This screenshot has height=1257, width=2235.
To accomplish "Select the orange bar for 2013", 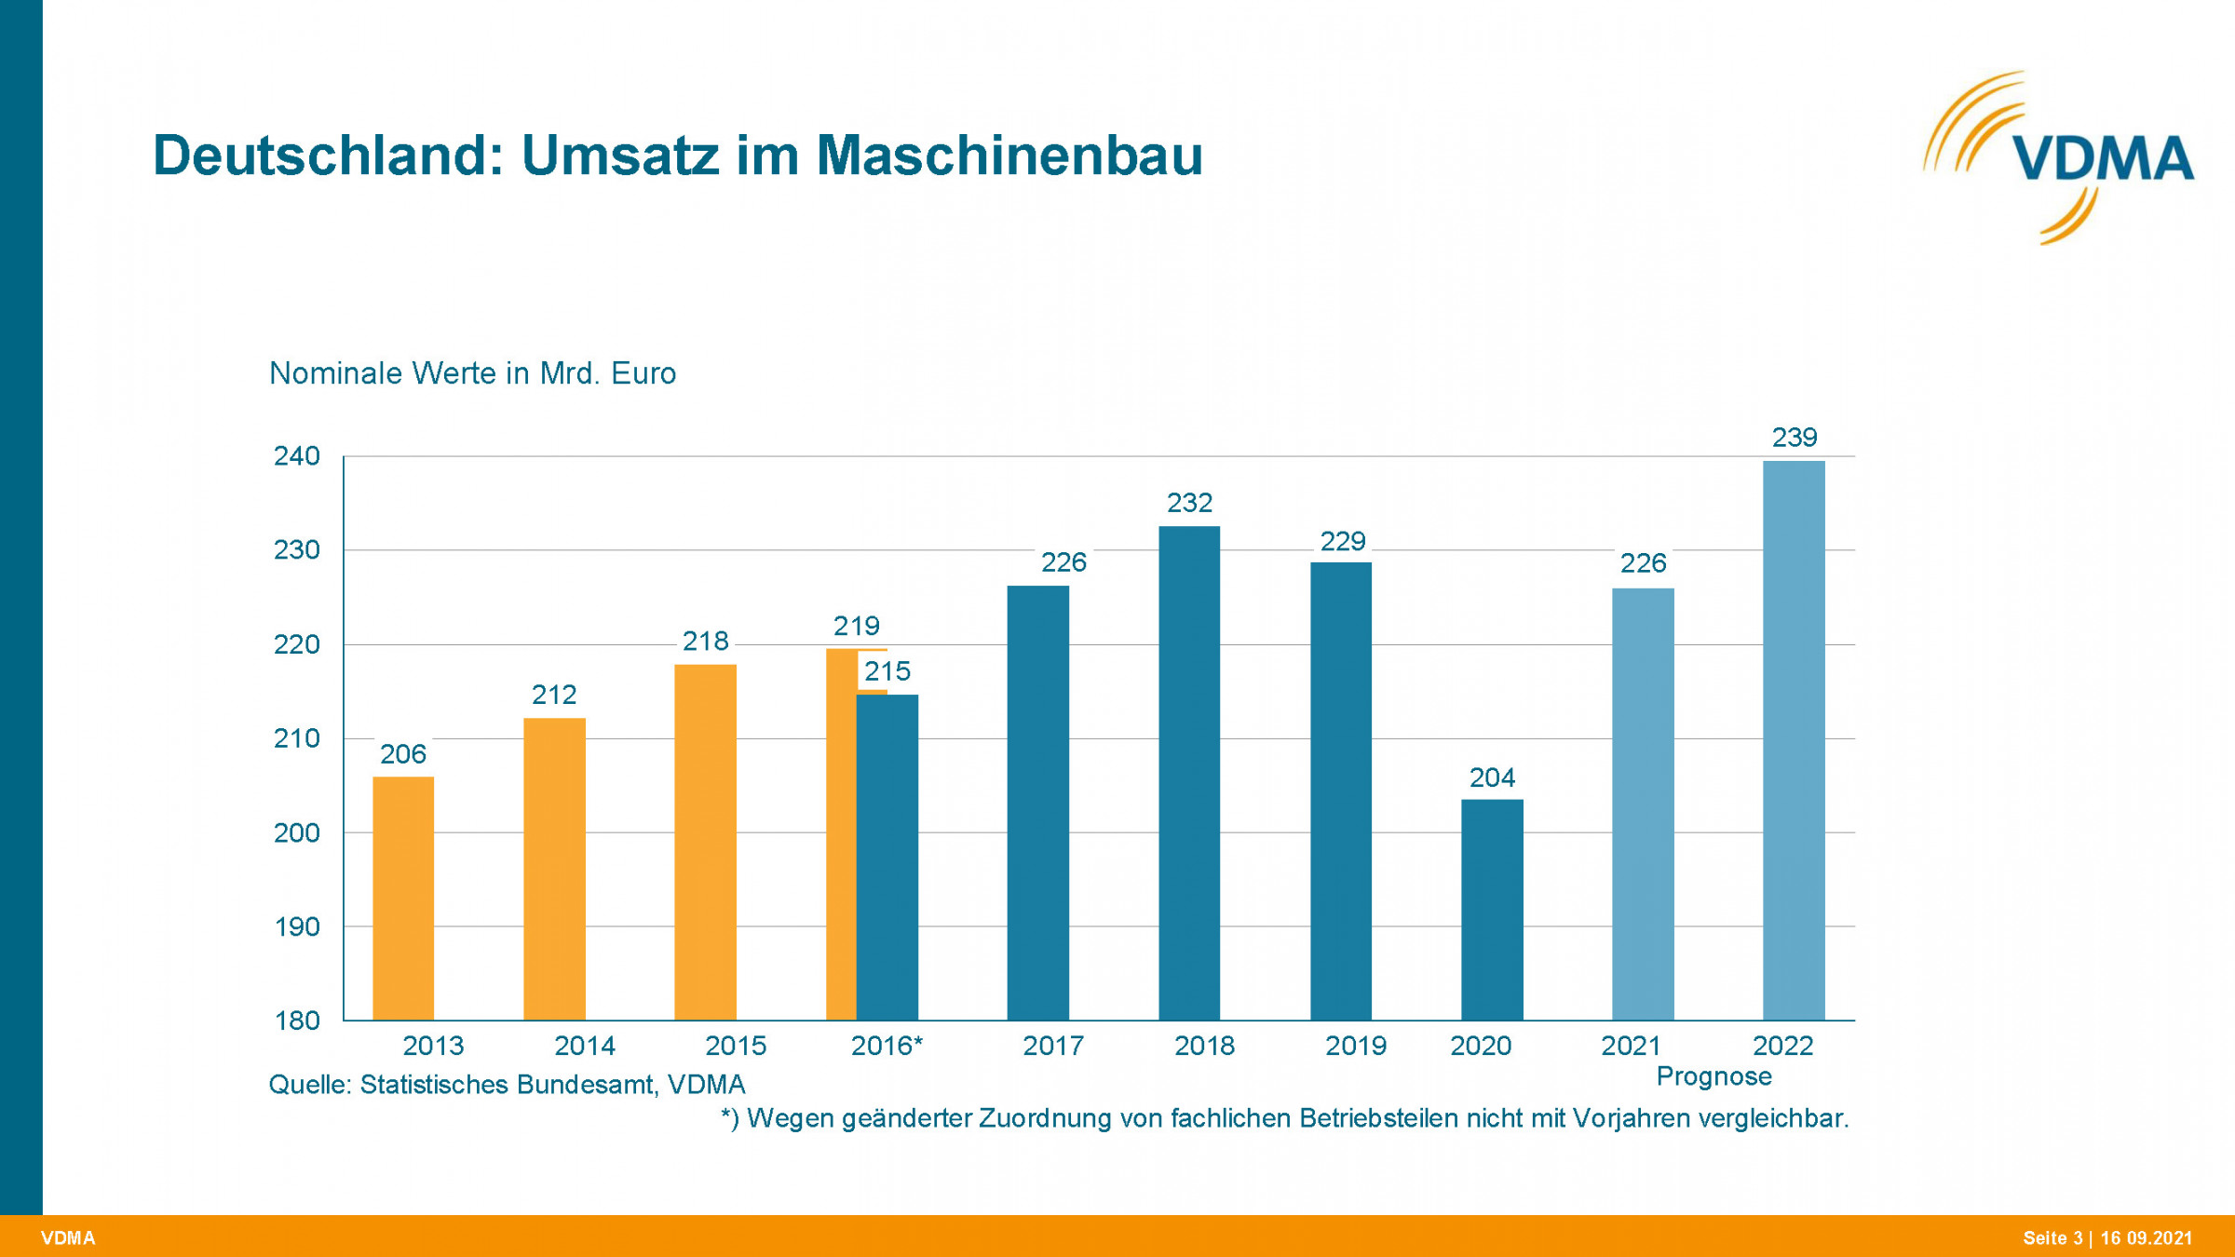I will tap(403, 899).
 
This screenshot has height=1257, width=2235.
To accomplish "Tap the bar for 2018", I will tap(1189, 773).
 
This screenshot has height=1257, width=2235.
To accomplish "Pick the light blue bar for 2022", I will tap(1794, 740).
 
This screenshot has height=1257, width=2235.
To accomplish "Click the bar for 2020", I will tap(1492, 910).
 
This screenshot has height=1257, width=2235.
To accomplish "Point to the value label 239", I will tap(1794, 437).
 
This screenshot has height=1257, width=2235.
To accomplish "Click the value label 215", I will tap(887, 671).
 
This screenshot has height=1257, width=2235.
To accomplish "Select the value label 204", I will tap(1492, 777).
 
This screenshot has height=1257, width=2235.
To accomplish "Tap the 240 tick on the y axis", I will tap(296, 456).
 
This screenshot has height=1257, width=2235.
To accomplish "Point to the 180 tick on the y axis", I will tap(296, 1020).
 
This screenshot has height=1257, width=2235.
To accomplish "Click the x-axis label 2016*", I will tap(887, 1046).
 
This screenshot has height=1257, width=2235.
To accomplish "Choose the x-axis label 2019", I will tap(1355, 1046).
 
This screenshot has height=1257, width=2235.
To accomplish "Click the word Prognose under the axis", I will tap(1713, 1076).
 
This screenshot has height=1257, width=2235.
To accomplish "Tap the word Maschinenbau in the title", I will tap(1009, 155).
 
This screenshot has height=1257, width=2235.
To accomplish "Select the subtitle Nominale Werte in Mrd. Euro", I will tap(472, 373).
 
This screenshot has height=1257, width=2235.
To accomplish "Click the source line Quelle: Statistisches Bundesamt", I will tap(507, 1085).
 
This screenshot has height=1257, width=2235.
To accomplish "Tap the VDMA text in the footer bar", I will tap(68, 1238).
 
